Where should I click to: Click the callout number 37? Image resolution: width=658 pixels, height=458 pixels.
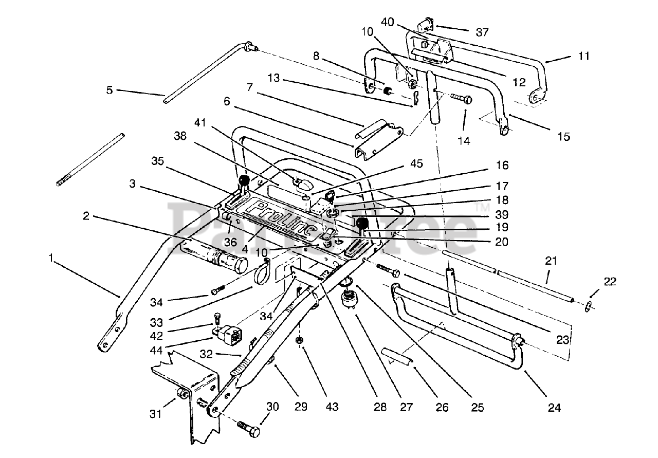(482, 32)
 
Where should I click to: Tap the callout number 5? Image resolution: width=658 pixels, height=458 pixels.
(109, 90)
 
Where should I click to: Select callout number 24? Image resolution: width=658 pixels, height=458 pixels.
(554, 408)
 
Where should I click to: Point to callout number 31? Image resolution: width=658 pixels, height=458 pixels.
(156, 414)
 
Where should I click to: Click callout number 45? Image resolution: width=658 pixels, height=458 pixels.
(417, 163)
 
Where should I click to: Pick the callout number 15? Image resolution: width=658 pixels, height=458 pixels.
(564, 137)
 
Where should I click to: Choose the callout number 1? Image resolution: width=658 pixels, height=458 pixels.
(51, 258)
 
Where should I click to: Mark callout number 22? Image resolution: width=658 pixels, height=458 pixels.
(610, 282)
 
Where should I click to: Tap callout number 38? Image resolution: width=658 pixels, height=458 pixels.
(180, 136)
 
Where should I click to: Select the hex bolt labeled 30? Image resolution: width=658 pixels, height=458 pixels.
(248, 430)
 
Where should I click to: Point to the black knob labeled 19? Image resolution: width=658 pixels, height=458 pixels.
(362, 224)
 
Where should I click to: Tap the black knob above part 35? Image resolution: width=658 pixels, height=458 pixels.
(244, 180)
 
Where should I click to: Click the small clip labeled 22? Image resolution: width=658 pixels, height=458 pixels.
(589, 307)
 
